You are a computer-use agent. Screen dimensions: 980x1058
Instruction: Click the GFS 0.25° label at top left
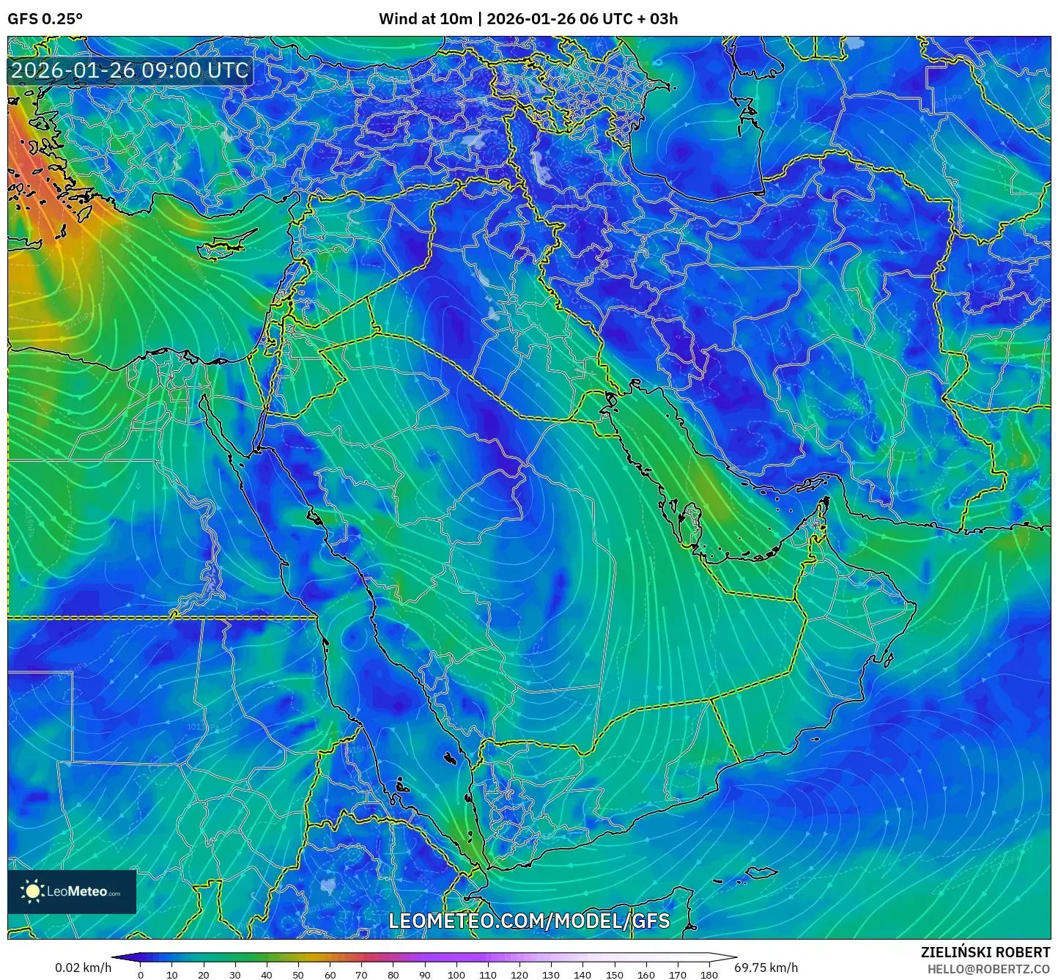click(x=45, y=19)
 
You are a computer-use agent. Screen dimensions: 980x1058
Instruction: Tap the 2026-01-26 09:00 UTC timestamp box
click(x=130, y=70)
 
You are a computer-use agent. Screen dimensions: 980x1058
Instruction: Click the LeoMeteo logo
click(x=72, y=891)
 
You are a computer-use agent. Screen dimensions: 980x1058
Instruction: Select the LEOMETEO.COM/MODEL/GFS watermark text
click(x=529, y=921)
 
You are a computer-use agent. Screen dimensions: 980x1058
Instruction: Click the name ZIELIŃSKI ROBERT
click(x=985, y=952)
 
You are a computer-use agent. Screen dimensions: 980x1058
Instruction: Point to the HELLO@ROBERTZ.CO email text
click(x=988, y=969)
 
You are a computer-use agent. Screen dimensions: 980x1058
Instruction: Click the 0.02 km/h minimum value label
click(x=83, y=968)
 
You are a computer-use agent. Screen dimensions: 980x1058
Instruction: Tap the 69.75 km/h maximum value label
click(x=766, y=968)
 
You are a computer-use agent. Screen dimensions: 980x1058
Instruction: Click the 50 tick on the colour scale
click(x=298, y=975)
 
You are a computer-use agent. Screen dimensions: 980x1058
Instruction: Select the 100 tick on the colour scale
click(x=456, y=975)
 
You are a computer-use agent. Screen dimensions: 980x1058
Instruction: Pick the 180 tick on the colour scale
click(x=709, y=975)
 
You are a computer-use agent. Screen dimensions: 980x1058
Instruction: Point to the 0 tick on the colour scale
click(x=141, y=975)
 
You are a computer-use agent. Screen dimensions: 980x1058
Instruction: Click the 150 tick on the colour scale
click(x=614, y=975)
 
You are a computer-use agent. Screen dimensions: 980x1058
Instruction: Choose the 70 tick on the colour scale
click(x=361, y=975)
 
